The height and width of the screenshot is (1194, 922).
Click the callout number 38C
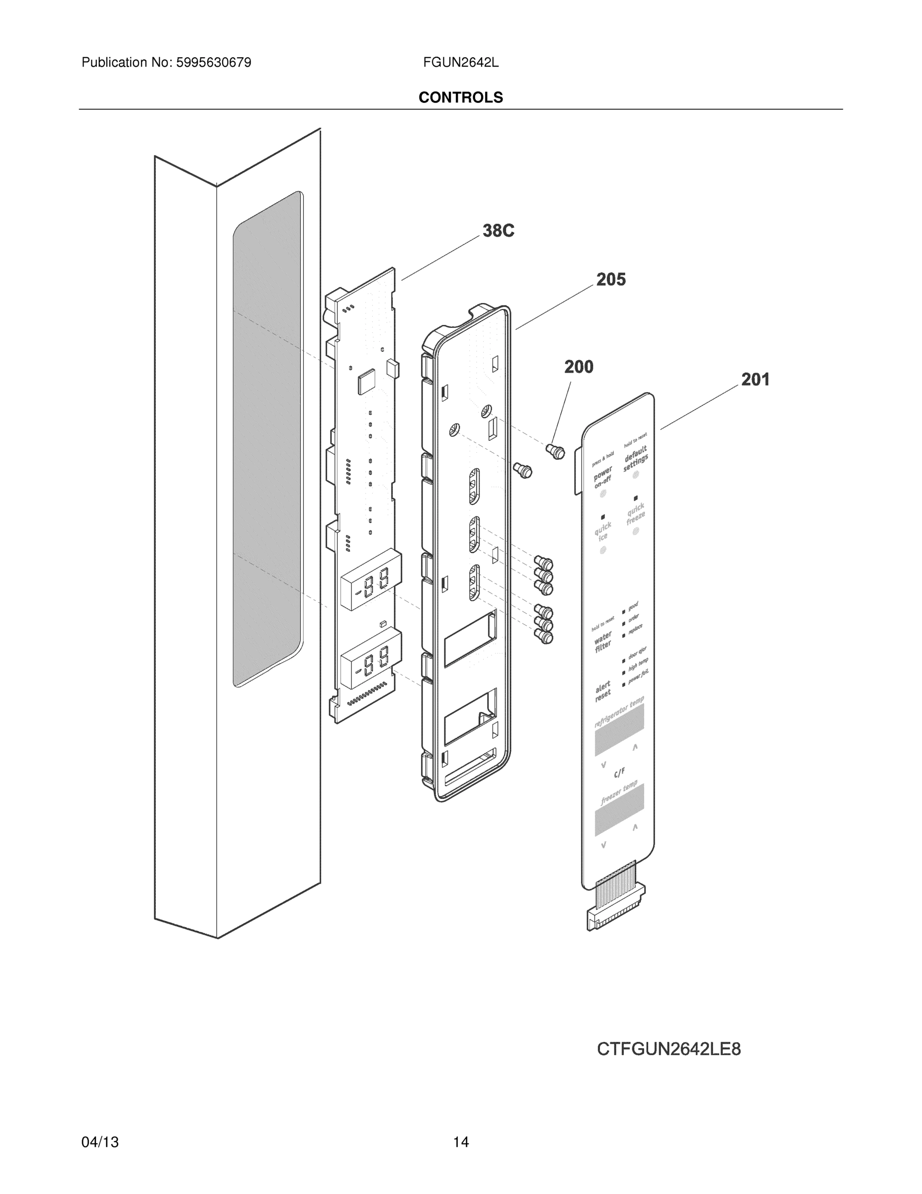[x=498, y=231]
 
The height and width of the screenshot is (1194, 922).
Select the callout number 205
[x=611, y=280]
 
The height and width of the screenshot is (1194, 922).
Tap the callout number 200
[x=579, y=367]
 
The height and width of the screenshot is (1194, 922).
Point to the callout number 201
[x=755, y=380]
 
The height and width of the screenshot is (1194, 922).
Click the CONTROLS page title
[x=460, y=98]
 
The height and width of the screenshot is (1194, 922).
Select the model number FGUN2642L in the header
[x=460, y=63]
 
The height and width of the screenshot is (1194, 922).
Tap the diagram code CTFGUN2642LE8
[x=669, y=1049]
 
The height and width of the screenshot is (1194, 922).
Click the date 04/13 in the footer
[x=100, y=1142]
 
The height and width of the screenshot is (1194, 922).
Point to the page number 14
[x=460, y=1142]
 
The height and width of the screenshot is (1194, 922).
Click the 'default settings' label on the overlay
[x=635, y=459]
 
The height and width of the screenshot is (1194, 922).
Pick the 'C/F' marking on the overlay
[x=619, y=773]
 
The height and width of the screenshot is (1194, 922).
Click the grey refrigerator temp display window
[x=619, y=729]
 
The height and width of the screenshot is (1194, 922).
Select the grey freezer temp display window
[x=619, y=810]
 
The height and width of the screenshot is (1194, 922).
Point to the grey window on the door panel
[x=267, y=437]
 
